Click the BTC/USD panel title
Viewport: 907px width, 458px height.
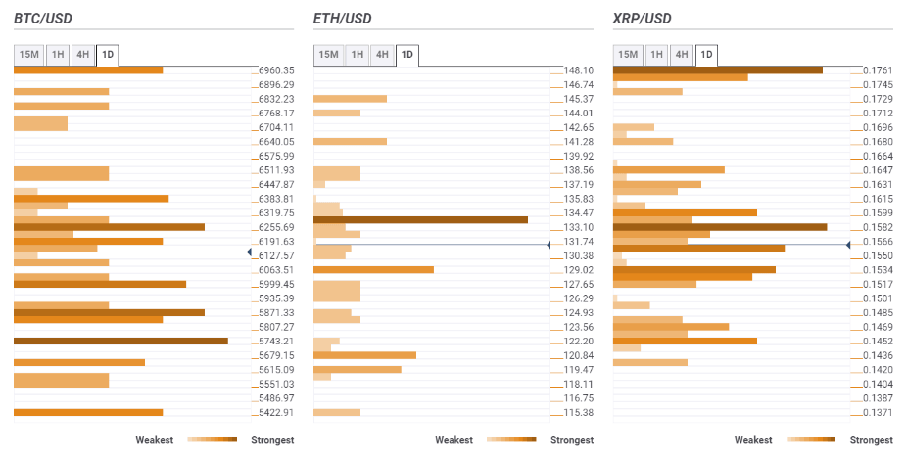click(43, 19)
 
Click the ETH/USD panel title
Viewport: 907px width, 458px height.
click(342, 19)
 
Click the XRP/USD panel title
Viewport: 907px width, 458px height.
click(642, 19)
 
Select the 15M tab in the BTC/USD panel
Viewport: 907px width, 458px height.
click(29, 55)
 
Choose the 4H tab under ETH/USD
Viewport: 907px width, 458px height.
click(382, 55)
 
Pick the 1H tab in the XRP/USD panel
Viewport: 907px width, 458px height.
click(655, 55)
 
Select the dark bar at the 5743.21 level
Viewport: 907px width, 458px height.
click(120, 341)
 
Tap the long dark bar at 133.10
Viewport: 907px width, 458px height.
click(420, 219)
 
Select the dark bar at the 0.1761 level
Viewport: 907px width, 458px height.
click(717, 69)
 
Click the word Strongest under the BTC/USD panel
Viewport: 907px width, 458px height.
click(272, 440)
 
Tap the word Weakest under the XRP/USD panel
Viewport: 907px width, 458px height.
click(753, 440)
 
